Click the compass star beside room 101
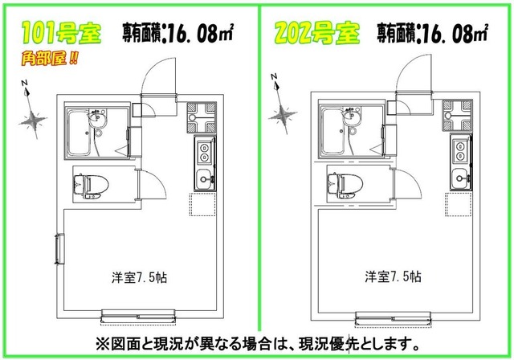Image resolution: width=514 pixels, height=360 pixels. [x=34, y=119]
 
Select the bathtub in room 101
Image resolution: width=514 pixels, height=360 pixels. [x=80, y=130]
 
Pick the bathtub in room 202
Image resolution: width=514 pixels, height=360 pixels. [x=335, y=130]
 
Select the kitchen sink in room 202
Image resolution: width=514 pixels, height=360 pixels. [x=459, y=177]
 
